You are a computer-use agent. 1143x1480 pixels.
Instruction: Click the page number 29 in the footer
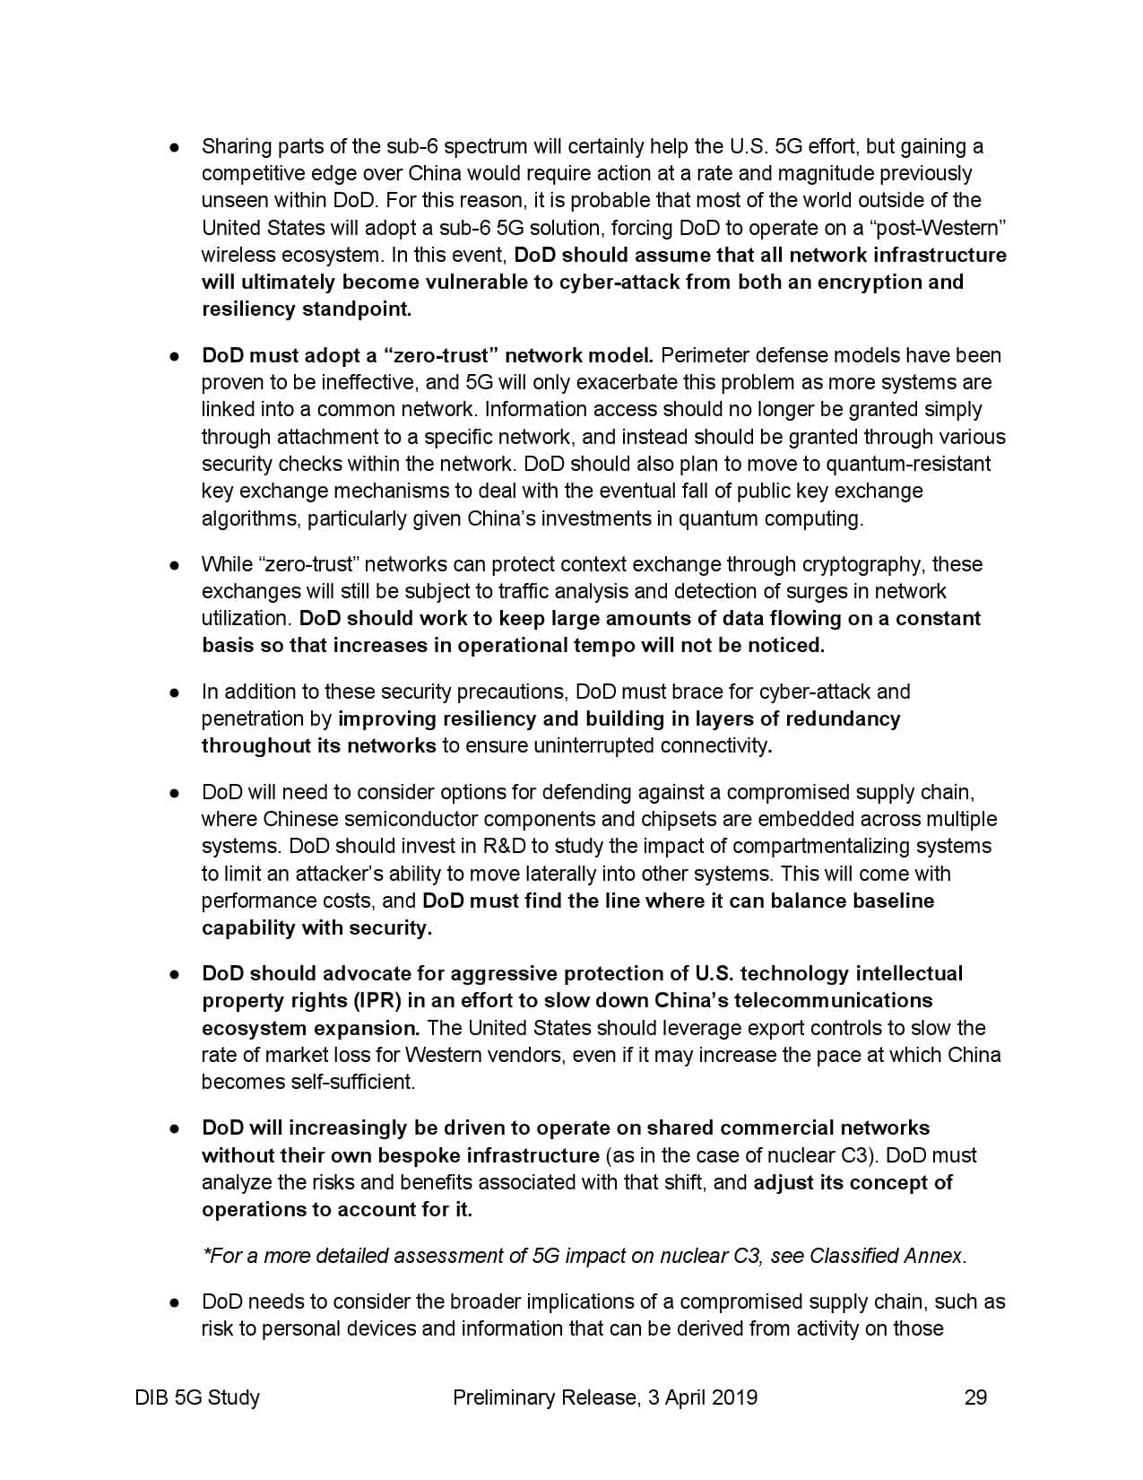975,1397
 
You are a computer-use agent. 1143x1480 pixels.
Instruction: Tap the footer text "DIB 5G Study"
198,1397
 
